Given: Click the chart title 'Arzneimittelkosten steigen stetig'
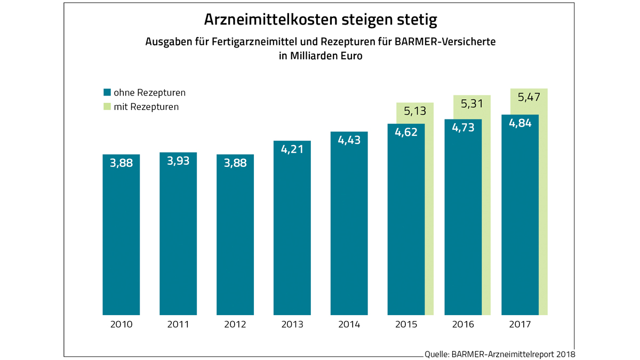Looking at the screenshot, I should [x=320, y=20].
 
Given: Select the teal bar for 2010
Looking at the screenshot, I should [x=121, y=240].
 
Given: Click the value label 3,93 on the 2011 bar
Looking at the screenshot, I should [x=178, y=161].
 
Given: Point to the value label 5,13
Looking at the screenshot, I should [x=415, y=111].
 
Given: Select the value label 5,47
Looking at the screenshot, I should [x=529, y=97].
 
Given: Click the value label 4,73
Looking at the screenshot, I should [x=463, y=128].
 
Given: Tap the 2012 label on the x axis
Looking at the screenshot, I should [x=235, y=324].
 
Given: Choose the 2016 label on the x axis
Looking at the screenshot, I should [x=463, y=324].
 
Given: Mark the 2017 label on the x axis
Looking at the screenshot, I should [x=520, y=324].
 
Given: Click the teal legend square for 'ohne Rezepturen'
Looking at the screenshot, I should [x=107, y=92].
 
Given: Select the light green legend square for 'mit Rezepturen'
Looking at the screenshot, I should [x=107, y=107].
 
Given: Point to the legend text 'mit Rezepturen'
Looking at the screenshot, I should [x=146, y=107].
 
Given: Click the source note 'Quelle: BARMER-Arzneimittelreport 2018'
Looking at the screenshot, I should [x=500, y=354].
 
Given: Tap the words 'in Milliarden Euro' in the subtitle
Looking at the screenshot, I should [x=320, y=56].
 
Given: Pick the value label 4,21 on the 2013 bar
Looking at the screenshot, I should [x=292, y=149].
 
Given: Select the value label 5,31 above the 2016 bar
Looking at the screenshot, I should [x=472, y=104].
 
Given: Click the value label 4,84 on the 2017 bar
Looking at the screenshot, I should [x=520, y=123].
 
